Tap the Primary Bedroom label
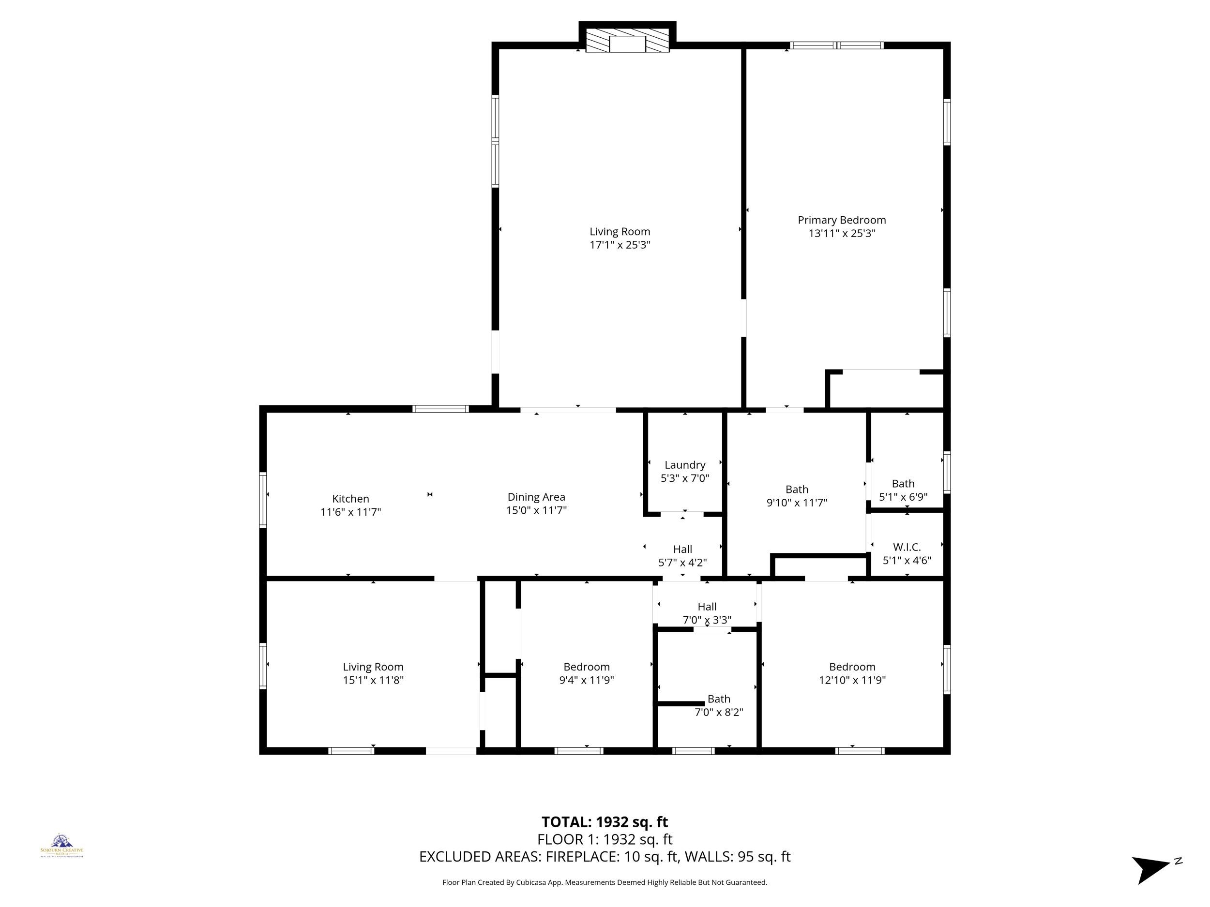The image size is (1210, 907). [x=841, y=220]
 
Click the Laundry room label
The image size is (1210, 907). [x=684, y=465]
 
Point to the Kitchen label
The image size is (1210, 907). [x=350, y=499]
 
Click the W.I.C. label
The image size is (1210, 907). [x=907, y=547]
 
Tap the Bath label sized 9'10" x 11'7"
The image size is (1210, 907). [x=797, y=490]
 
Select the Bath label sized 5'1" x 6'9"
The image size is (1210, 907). [x=903, y=483]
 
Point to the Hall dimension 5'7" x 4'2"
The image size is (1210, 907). [x=682, y=562]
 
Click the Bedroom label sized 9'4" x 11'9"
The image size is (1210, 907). [x=587, y=667]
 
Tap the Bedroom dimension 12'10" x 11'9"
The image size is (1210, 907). [x=852, y=680]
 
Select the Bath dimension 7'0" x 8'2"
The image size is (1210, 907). [x=718, y=713]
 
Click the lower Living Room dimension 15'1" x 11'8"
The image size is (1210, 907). [x=373, y=680]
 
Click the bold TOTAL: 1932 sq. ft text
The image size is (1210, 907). [x=605, y=822]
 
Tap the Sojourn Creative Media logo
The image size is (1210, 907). [x=62, y=845]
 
